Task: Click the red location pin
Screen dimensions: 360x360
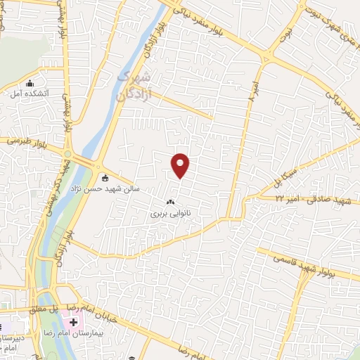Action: (181, 165)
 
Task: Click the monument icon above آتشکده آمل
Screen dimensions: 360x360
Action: (30, 84)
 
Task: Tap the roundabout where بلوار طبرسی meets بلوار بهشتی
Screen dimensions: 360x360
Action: (68, 154)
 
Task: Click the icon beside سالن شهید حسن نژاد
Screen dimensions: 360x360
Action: (105, 177)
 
